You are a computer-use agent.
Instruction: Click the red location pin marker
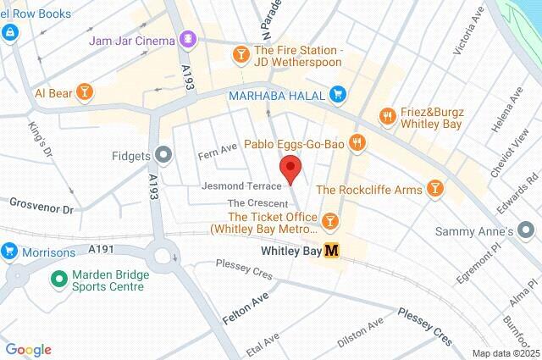[x=290, y=168]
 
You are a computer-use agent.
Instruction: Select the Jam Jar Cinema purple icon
[x=188, y=39]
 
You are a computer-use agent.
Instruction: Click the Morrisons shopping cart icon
[x=9, y=252]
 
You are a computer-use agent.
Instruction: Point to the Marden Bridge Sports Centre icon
[x=59, y=278]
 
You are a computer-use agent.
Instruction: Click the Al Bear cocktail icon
[x=84, y=91]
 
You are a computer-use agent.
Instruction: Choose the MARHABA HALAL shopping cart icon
[x=337, y=94]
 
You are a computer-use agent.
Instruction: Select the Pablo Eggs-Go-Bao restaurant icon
[x=357, y=143]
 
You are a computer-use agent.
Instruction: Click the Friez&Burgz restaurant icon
[x=389, y=116]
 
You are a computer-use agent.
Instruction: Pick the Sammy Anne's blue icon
[x=527, y=230]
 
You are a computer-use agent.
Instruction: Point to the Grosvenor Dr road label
[x=42, y=204]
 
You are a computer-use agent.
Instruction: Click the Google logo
[x=28, y=350]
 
